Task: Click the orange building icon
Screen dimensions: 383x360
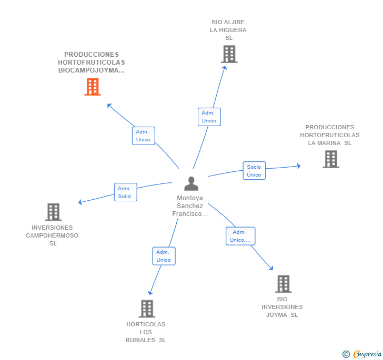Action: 93,87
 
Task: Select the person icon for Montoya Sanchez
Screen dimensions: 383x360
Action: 191,183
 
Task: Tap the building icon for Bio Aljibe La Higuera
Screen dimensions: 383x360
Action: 229,54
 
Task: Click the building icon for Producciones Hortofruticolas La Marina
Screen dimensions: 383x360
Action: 331,159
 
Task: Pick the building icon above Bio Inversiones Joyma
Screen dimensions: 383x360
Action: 283,284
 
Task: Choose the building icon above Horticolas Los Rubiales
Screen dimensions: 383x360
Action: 147,308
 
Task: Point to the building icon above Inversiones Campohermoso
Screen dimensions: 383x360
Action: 53,212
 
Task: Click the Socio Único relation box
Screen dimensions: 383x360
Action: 254,171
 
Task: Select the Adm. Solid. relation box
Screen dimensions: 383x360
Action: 125,192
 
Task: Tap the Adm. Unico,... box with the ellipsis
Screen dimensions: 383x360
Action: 240,236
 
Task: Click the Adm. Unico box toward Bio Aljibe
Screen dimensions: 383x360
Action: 209,117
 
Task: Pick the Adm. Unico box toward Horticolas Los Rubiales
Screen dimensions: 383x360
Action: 164,256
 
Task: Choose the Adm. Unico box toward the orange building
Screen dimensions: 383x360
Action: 143,136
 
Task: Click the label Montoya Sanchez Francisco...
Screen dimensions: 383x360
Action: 190,206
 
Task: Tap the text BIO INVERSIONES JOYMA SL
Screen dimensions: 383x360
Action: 283,307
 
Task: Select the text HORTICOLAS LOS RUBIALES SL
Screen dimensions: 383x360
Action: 146,332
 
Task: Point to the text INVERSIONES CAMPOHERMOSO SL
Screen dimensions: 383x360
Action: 52,235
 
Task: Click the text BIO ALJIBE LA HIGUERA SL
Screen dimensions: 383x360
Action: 228,30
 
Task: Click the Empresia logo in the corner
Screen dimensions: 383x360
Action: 362,354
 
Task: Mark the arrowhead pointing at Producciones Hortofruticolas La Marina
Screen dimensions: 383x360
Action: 298,166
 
